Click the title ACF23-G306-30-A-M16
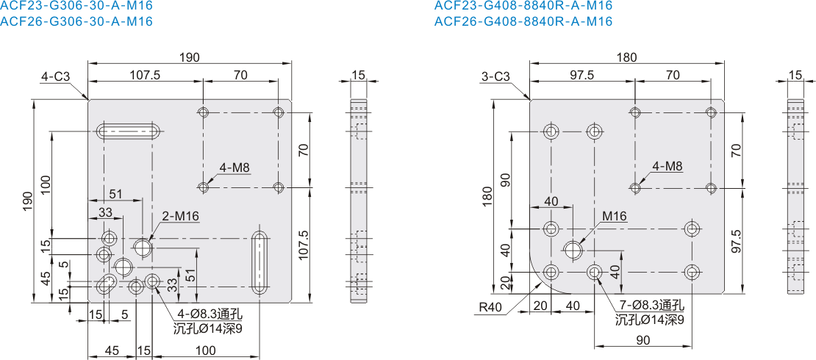76,6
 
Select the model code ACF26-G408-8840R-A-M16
523,21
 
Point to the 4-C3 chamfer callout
55,76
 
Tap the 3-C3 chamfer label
496,76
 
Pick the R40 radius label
490,307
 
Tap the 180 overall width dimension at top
627,57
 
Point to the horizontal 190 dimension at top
190,57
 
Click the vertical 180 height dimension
487,197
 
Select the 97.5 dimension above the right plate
581,75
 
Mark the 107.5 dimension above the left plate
144,75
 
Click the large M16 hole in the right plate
573,250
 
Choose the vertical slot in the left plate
260,264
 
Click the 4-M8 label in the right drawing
668,167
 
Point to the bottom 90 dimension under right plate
643,339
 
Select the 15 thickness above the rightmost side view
795,75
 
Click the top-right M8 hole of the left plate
279,112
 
